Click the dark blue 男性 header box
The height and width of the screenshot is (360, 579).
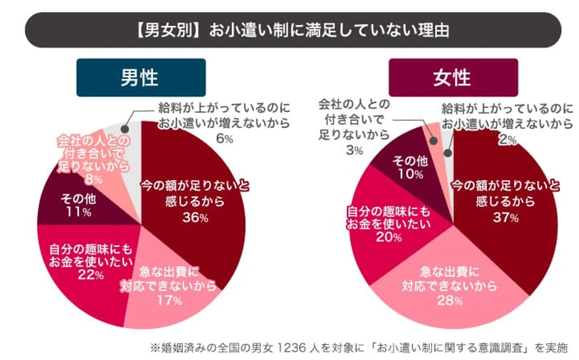[x=141, y=78]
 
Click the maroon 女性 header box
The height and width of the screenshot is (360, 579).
[x=453, y=78]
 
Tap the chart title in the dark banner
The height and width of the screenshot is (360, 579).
[x=293, y=30]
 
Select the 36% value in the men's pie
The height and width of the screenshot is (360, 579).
[x=195, y=217]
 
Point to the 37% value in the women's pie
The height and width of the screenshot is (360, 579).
[x=505, y=217]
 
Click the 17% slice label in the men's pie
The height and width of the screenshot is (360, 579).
[x=169, y=300]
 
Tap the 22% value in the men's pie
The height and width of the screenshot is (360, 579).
[x=90, y=275]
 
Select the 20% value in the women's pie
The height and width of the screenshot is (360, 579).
[x=388, y=237]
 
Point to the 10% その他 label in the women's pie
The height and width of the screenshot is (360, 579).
[x=410, y=174]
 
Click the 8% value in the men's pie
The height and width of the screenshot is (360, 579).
[x=93, y=179]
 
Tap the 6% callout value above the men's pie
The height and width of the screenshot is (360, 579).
[x=224, y=138]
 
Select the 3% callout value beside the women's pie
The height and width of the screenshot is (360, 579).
[x=354, y=150]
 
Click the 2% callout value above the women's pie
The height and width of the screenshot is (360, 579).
[x=507, y=139]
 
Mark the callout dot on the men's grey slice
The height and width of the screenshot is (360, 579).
[x=125, y=129]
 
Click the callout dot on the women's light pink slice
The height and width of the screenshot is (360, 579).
[x=433, y=141]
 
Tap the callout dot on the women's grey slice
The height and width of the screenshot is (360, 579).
[x=448, y=153]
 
